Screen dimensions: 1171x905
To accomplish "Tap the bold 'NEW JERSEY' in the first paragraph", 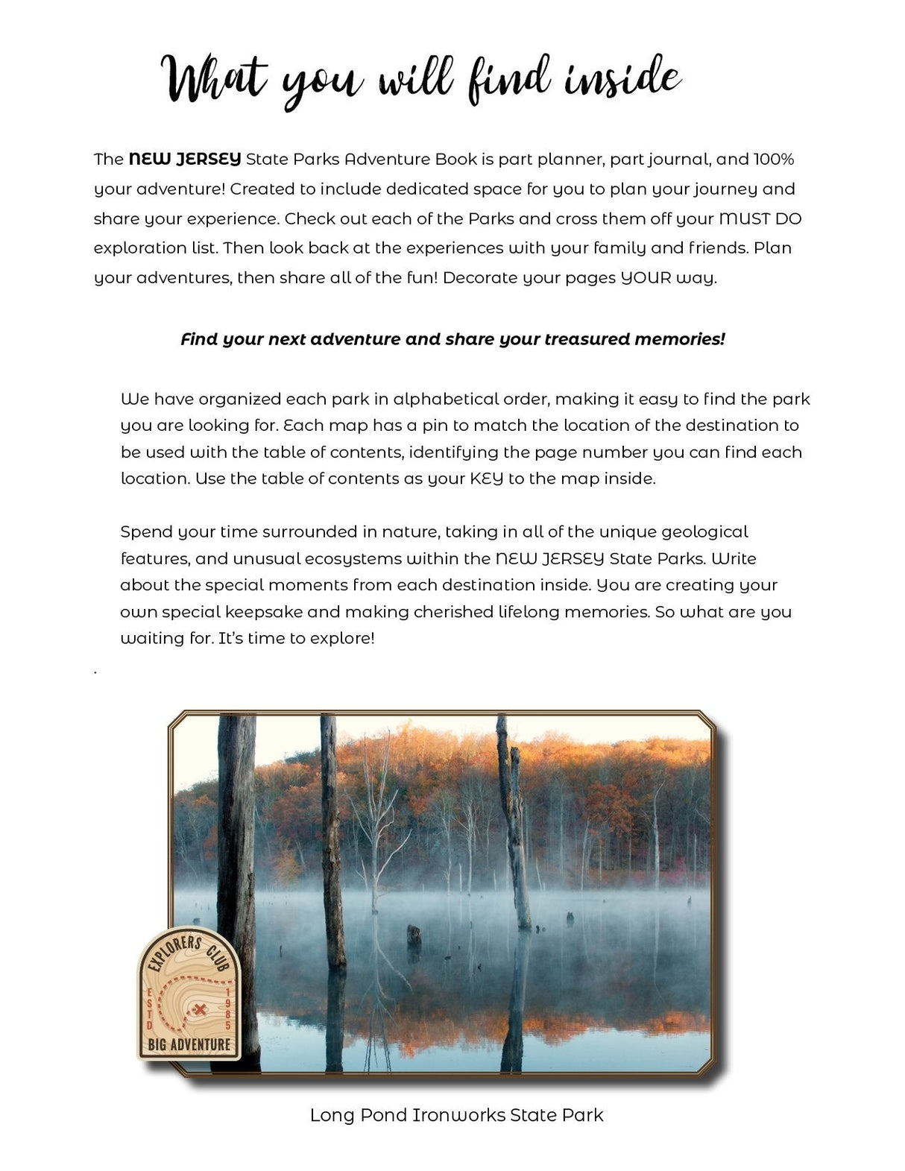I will tap(185, 159).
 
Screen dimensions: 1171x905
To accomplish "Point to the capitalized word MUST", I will tap(746, 218).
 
